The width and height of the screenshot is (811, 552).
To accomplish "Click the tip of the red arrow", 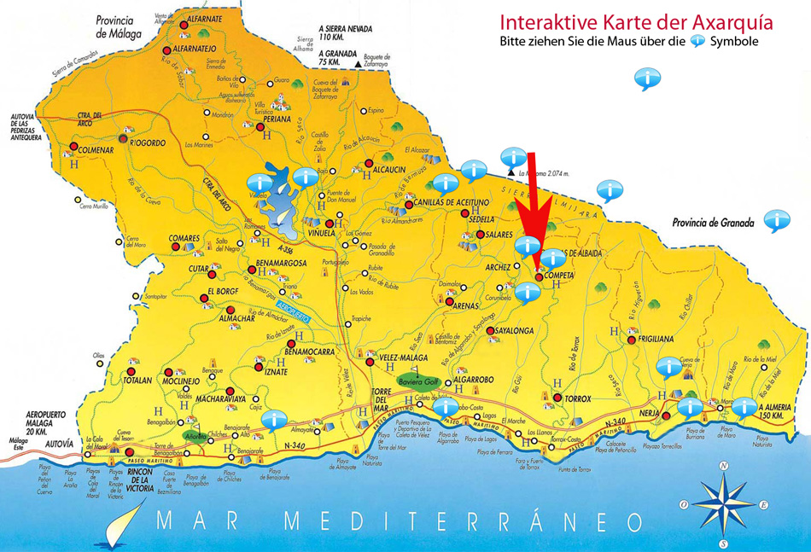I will [x=536, y=270].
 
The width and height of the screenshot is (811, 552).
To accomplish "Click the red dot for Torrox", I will [x=557, y=398].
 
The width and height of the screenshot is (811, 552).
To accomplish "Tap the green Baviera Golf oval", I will [x=417, y=381].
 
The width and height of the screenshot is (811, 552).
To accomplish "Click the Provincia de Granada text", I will [x=714, y=224].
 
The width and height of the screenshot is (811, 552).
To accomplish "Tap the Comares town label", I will [x=184, y=239].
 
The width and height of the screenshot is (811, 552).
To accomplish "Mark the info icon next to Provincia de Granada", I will [x=776, y=219].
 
